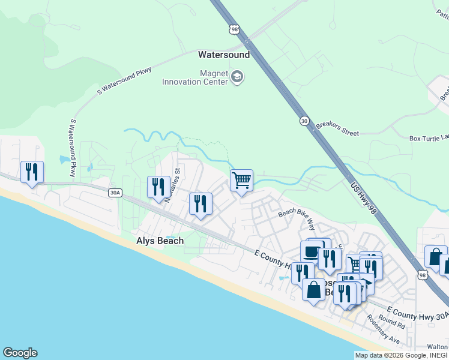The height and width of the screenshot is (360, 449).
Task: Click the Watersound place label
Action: (x=224, y=55)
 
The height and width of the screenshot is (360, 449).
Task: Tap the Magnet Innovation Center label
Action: (x=195, y=77)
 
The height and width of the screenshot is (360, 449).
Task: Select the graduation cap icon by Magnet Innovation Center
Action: (x=237, y=77)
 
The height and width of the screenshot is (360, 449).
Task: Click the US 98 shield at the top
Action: (x=234, y=28)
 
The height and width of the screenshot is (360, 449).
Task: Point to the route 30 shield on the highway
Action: (x=305, y=121)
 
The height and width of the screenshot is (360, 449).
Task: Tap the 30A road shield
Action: (x=115, y=193)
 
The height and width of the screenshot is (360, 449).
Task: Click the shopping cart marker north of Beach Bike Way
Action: (x=241, y=179)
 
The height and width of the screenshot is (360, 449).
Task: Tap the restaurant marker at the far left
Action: (x=31, y=172)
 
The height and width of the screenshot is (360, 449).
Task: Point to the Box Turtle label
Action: (x=429, y=138)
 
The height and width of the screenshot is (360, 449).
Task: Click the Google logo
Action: (x=20, y=353)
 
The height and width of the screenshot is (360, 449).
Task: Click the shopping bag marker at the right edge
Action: (x=435, y=256)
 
